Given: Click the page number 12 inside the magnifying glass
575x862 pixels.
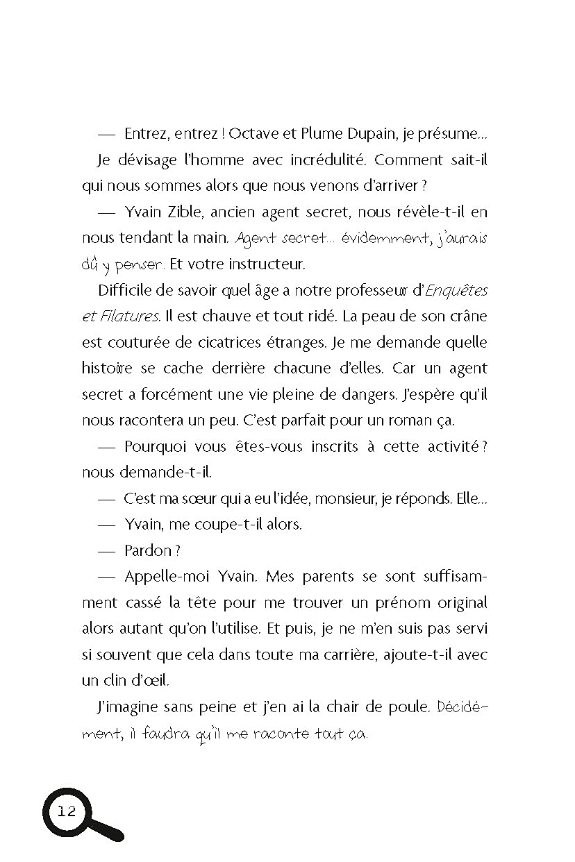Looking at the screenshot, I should (x=67, y=813).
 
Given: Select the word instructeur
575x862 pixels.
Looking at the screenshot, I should (x=265, y=264).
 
